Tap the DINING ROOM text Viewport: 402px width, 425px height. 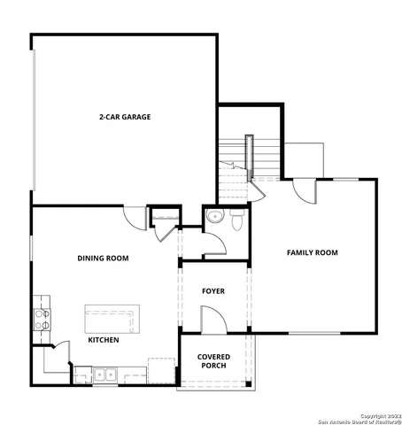pyautogui.click(x=103, y=259)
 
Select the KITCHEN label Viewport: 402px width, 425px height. pyautogui.click(x=104, y=339)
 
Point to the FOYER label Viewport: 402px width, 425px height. pyautogui.click(x=213, y=290)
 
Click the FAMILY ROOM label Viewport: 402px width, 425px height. pyautogui.click(x=312, y=253)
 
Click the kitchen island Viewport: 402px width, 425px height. pyautogui.click(x=112, y=317)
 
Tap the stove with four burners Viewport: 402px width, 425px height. pyautogui.click(x=41, y=316)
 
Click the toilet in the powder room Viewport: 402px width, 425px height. pyautogui.click(x=236, y=221)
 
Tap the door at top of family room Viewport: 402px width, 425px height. pyautogui.click(x=304, y=189)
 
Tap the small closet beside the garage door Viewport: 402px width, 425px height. pyautogui.click(x=164, y=218)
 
